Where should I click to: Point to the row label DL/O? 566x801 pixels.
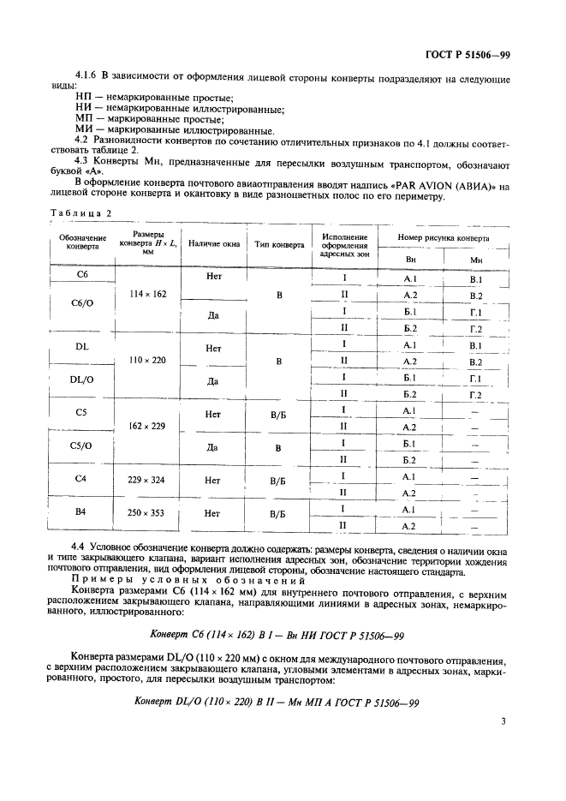tap(82, 379)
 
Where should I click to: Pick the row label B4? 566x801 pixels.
tap(82, 512)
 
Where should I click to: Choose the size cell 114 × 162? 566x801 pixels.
tap(148, 294)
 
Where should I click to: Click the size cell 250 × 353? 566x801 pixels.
tap(148, 512)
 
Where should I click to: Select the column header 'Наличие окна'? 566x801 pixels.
tap(213, 244)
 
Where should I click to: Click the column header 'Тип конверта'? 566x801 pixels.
tap(279, 244)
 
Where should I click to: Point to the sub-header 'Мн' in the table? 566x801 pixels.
tap(476, 259)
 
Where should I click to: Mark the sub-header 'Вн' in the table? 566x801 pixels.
tap(410, 259)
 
